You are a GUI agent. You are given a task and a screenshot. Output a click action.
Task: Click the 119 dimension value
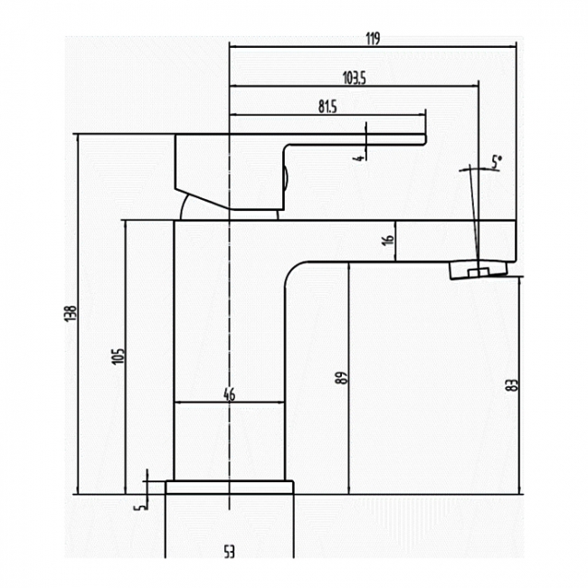click(x=373, y=38)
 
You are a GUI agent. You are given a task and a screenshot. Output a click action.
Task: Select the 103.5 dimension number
click(x=355, y=78)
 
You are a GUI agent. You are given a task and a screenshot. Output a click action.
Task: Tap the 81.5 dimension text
click(x=327, y=107)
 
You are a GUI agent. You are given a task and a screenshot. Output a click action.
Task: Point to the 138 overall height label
click(x=71, y=314)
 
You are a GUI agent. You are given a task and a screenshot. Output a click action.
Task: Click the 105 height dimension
click(x=118, y=356)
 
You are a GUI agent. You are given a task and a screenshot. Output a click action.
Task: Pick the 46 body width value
click(x=229, y=394)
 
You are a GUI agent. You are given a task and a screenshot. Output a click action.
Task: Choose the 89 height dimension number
click(x=342, y=377)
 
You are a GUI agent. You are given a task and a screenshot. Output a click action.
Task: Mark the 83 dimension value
click(x=512, y=385)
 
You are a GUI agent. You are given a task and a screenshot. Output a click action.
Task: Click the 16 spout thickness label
click(x=389, y=240)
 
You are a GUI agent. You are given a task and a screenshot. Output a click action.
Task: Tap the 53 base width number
click(x=229, y=553)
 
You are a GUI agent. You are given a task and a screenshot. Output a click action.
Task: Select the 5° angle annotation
click(x=497, y=162)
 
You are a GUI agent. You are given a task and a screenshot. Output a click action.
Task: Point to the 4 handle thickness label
click(x=359, y=158)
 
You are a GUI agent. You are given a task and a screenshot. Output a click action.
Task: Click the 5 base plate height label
click(x=141, y=507)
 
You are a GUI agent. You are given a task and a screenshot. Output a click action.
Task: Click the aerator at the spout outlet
click(x=479, y=270)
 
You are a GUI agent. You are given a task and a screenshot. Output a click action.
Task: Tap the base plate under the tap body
click(x=230, y=487)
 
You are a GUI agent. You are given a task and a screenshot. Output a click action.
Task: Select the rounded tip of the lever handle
click(x=425, y=139)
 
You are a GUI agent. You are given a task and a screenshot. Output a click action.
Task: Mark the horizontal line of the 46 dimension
click(x=229, y=403)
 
